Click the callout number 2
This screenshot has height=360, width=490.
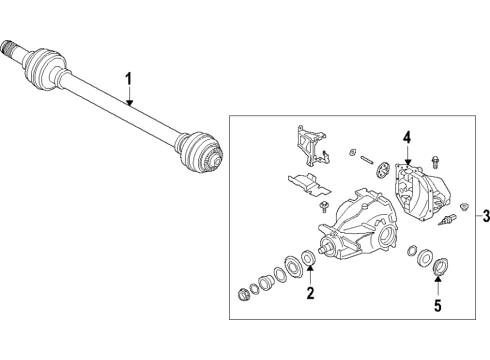[x=310, y=294]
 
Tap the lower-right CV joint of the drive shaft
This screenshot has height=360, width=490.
[x=197, y=154]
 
